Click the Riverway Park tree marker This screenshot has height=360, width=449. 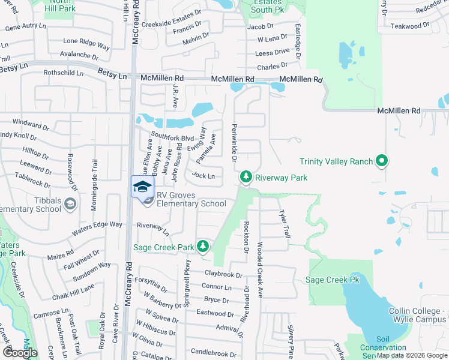coord(246,177)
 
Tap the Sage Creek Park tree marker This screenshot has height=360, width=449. coord(203,246)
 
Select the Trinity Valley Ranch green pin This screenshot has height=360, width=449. coord(381,161)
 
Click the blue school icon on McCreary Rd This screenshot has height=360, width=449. coord(142,187)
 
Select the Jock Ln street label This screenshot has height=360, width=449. coord(203,176)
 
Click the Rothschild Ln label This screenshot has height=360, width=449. coord(64,73)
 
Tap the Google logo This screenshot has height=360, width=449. coord(20,352)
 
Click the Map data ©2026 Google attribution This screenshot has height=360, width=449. coord(412,355)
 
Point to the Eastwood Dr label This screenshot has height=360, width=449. coord(215,313)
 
